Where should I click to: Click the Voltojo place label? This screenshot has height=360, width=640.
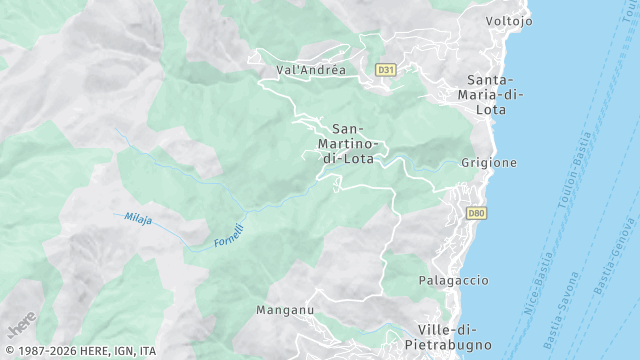pyautogui.click(x=508, y=21)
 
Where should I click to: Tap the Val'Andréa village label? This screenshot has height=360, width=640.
pyautogui.click(x=311, y=70)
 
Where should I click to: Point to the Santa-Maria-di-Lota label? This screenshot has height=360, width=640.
pyautogui.click(x=490, y=95)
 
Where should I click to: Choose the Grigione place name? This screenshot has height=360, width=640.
pyautogui.click(x=489, y=162)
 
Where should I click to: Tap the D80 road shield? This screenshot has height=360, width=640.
pyautogui.click(x=477, y=213)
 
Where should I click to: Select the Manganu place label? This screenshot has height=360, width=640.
pyautogui.click(x=285, y=311)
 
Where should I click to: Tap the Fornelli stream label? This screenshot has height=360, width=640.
pyautogui.click(x=228, y=236)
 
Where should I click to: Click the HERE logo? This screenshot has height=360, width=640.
pyautogui.click(x=21, y=325)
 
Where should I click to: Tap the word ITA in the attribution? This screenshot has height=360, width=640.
pyautogui.click(x=147, y=351)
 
